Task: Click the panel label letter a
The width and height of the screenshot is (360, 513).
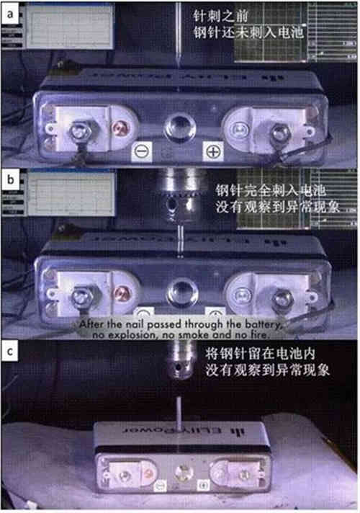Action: [11, 13]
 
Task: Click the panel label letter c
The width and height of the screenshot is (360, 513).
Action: [11, 353]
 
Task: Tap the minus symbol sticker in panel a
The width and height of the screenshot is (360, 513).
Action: [142, 151]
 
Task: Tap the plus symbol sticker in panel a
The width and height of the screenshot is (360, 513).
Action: [214, 151]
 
